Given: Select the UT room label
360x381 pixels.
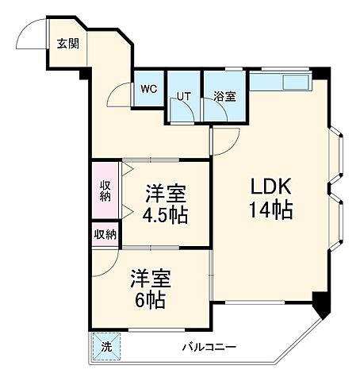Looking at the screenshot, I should [x=184, y=97].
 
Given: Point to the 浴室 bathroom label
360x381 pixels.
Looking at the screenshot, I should [x=224, y=97].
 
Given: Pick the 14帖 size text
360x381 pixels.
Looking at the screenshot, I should [x=272, y=210].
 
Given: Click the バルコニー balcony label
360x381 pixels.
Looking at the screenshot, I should [x=209, y=347].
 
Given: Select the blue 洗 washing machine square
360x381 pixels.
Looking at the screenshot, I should [x=106, y=347].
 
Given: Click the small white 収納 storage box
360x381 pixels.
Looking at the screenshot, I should [x=105, y=234].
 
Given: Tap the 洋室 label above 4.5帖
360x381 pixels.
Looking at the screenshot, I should [x=166, y=193].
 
